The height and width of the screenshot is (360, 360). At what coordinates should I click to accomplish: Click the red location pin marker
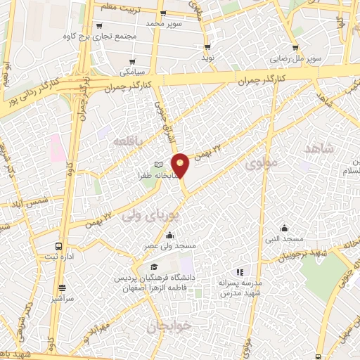click(x=181, y=165)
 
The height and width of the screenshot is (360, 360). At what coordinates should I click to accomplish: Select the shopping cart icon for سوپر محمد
click(x=163, y=13)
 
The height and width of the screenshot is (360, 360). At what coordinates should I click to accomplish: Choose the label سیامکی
click(x=131, y=72)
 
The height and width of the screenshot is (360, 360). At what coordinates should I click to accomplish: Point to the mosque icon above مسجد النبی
click(x=284, y=228)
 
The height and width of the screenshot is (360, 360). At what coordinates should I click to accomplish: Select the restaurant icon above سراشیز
click(x=63, y=288)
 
